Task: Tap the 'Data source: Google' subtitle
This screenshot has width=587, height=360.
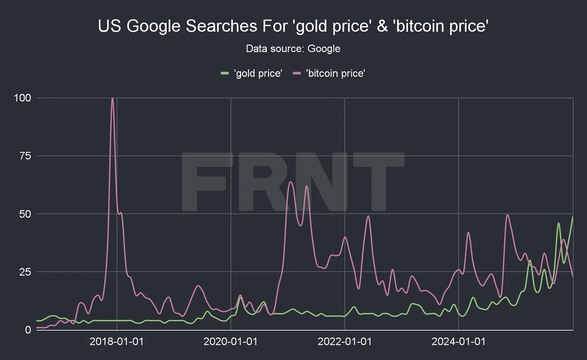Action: tap(293, 48)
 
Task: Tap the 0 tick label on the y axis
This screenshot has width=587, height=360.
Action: tap(28, 330)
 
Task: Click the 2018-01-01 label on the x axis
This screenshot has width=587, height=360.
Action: tap(116, 341)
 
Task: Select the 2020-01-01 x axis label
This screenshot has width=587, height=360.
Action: tap(230, 341)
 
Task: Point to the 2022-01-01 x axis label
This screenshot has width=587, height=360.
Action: tap(344, 341)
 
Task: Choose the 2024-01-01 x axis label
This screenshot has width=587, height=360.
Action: tap(458, 341)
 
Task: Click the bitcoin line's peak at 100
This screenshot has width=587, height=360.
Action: tap(113, 98)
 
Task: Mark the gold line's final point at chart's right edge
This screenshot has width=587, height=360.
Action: tap(572, 217)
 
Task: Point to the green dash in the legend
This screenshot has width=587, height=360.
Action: tap(225, 73)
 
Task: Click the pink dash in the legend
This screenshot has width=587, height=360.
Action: tap(296, 73)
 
